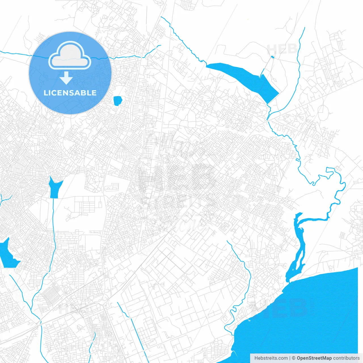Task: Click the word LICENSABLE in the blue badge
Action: [x=70, y=93]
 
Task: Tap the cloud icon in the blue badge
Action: [x=69, y=56]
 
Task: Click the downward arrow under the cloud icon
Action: [x=66, y=78]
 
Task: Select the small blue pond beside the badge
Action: [x=117, y=100]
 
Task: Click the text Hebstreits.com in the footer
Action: [x=271, y=358]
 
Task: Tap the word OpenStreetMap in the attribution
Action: [x=314, y=358]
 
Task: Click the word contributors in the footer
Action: [x=346, y=358]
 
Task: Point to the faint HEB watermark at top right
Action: [x=282, y=49]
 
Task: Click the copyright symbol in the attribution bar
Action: [x=294, y=358]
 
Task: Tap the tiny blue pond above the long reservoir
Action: [x=273, y=57]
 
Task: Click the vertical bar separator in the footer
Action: [x=290, y=358]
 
